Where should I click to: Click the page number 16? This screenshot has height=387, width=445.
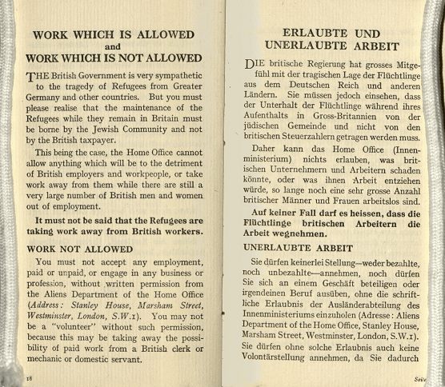(x=29, y=376)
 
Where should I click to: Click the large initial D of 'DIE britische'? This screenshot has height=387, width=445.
(x=251, y=65)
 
